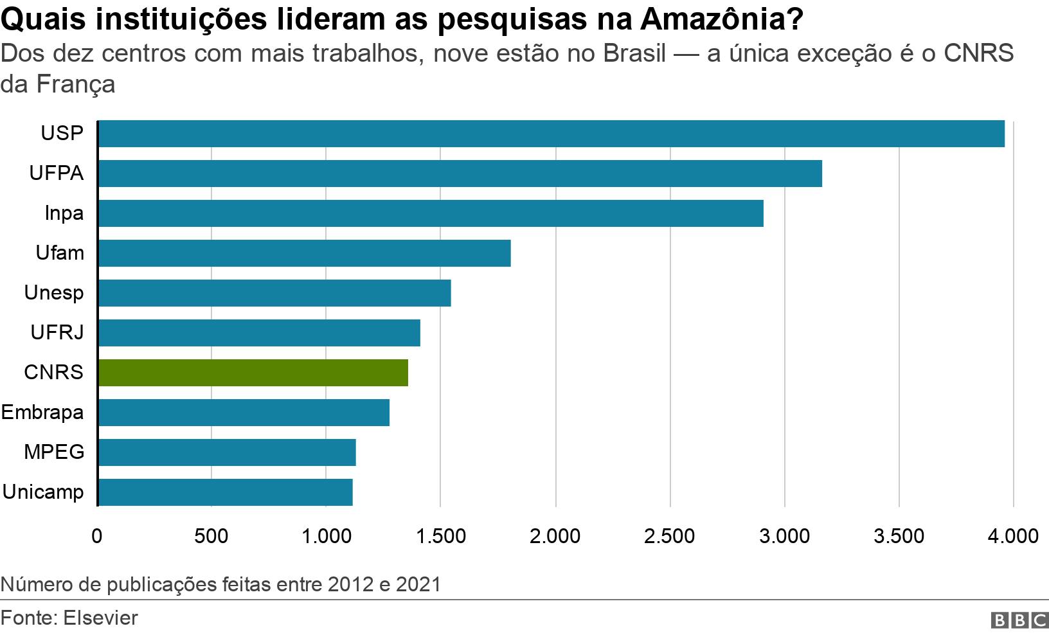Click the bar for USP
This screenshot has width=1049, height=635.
551,134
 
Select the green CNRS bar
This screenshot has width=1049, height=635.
253,373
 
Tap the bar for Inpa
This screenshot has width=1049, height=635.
431,213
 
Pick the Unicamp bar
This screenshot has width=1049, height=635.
225,492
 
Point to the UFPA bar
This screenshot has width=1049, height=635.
460,174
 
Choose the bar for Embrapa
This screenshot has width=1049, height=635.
244,413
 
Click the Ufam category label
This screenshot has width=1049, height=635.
60,253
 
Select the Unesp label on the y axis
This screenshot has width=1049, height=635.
54,293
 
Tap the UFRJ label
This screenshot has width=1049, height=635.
57,333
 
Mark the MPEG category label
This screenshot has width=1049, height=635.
54,452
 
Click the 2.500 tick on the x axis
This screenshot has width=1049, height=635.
669,536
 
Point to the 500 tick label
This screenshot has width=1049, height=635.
211,536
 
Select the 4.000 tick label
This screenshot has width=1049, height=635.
1012,536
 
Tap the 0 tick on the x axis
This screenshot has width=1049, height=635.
97,536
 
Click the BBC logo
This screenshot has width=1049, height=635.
1019,620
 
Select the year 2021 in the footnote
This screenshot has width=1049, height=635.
418,584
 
